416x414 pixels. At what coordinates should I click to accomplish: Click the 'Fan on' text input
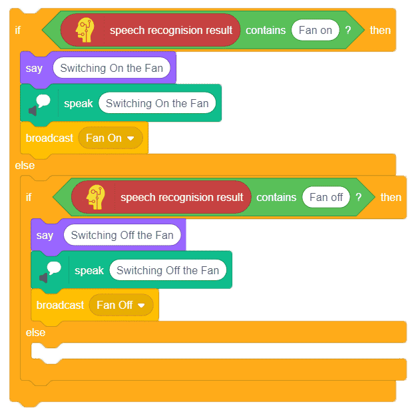(315, 30)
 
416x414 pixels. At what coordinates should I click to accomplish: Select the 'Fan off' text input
(325, 197)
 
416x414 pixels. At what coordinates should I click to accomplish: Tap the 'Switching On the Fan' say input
(111, 68)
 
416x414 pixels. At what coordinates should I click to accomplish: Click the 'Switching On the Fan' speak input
(157, 103)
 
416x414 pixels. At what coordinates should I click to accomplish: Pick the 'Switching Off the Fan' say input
(122, 235)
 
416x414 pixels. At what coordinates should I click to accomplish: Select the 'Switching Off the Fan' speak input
(168, 270)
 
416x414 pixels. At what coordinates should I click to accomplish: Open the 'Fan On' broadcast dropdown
(110, 138)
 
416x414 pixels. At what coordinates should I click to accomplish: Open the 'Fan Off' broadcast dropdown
(121, 305)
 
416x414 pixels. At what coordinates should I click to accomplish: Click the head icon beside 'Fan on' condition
(85, 30)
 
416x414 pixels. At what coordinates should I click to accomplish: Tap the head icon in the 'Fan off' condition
(95, 197)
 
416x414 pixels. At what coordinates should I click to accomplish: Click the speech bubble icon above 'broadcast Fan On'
(39, 104)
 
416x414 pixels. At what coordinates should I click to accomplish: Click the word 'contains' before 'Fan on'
(266, 30)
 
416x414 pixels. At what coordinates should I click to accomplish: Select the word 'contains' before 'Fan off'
(276, 198)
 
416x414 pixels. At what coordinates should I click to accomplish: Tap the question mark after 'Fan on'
(348, 30)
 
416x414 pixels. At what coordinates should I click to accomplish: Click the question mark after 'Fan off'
(359, 197)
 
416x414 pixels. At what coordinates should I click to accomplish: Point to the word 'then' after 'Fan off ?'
(391, 198)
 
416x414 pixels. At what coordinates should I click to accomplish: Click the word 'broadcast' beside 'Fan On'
(49, 138)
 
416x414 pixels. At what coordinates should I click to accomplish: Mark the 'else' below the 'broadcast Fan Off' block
(35, 333)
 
